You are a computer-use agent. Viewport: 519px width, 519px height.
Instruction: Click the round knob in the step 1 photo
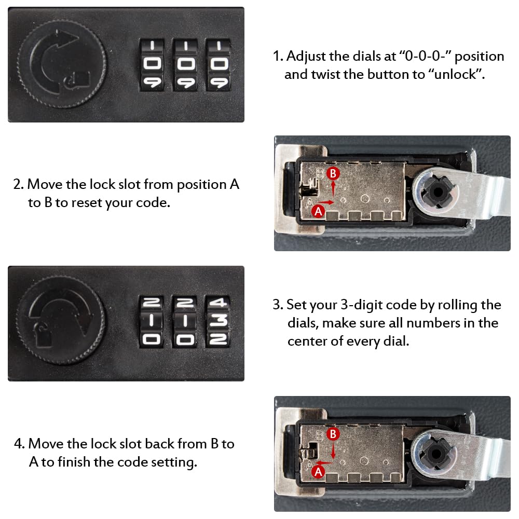(62, 64)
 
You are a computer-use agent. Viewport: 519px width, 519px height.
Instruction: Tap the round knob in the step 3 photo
(61, 320)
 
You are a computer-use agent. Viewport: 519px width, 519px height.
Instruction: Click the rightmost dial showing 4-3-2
(218, 321)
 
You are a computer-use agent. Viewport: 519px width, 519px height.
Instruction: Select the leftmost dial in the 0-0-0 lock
(152, 65)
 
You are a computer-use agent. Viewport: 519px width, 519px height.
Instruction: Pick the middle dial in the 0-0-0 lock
(185, 65)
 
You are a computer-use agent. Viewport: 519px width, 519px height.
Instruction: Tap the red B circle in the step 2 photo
(333, 173)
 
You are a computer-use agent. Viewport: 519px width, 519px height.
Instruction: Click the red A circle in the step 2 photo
(319, 211)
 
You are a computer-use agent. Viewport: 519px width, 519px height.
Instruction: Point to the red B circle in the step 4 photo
(333, 434)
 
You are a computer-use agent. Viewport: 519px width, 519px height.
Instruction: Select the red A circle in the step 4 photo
(319, 472)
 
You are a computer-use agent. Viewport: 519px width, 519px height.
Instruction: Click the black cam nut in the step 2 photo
(438, 192)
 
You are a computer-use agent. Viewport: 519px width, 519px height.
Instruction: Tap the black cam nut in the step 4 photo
(436, 453)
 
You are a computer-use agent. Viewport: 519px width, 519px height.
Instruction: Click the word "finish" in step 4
(74, 462)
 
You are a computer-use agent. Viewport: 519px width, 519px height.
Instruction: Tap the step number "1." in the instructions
(278, 56)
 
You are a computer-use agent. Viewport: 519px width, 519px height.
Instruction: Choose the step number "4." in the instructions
(19, 444)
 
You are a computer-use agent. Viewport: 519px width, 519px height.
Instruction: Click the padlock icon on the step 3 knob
(43, 335)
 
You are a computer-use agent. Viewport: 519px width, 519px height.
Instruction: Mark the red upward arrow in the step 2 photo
(333, 190)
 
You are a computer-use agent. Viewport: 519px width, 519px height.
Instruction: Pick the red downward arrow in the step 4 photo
(333, 450)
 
